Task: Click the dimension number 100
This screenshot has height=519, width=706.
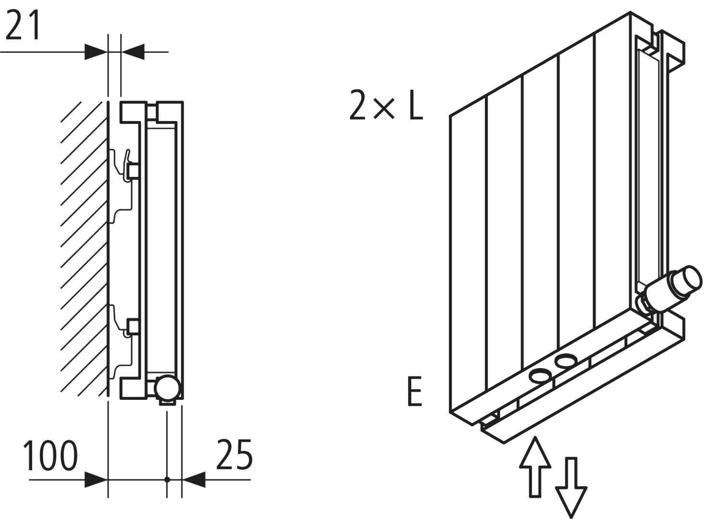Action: pyautogui.click(x=50, y=455)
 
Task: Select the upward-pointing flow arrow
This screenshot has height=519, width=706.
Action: pyautogui.click(x=535, y=465)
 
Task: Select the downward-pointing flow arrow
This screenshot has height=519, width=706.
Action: pyautogui.click(x=571, y=488)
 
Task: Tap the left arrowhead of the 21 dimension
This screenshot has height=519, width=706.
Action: pyautogui.click(x=96, y=51)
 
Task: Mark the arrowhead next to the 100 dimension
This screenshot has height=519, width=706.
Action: pyautogui.click(x=96, y=479)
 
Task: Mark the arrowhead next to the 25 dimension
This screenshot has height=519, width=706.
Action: pyautogui.click(x=194, y=479)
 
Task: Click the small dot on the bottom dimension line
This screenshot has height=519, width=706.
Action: pyautogui.click(x=167, y=479)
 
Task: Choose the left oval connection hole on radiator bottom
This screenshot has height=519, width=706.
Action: pyautogui.click(x=539, y=375)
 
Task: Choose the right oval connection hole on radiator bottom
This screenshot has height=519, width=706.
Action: pyautogui.click(x=565, y=360)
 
